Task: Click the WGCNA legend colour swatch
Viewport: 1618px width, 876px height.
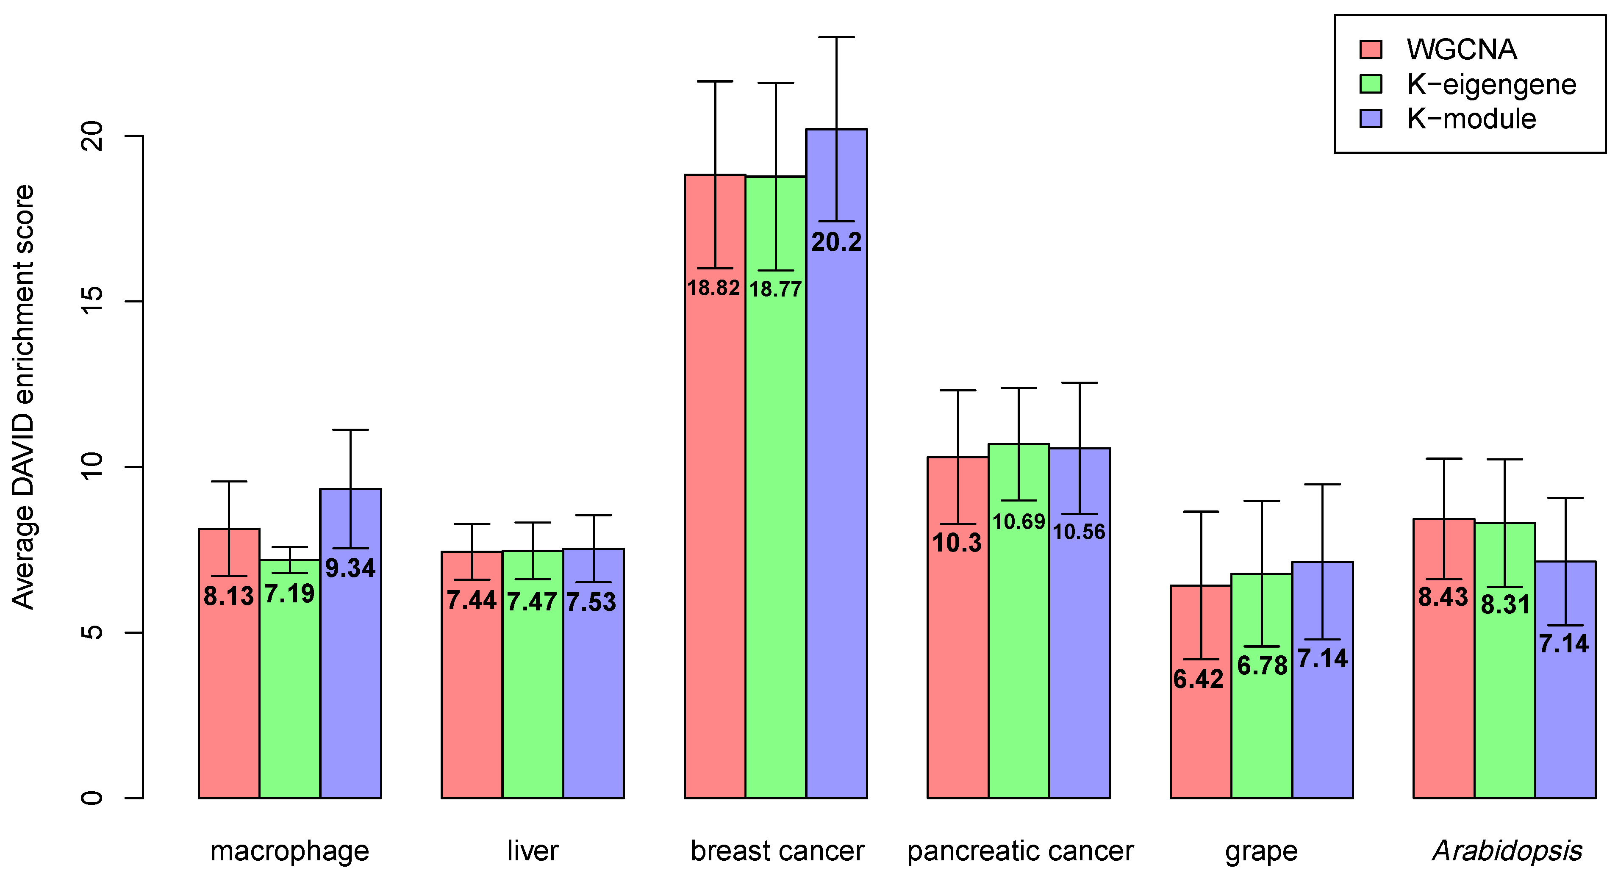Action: [1371, 50]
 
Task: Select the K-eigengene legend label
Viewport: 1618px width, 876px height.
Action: [1491, 84]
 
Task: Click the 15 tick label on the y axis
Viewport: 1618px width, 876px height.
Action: [92, 302]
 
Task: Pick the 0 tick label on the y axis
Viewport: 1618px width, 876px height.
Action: [92, 798]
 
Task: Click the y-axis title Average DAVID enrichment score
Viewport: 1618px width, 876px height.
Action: [24, 397]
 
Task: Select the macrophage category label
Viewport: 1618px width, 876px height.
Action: [289, 851]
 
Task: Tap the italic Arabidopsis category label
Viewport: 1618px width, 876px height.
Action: [1506, 851]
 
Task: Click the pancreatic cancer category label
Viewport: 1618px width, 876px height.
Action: [1020, 851]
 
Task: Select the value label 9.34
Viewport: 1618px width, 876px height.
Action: [350, 568]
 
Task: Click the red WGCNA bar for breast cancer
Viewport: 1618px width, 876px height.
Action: [715, 534]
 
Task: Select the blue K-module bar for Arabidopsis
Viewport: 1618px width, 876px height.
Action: [1565, 722]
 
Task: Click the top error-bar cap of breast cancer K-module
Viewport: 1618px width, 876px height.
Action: [836, 37]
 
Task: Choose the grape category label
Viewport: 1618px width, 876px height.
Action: [1261, 851]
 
